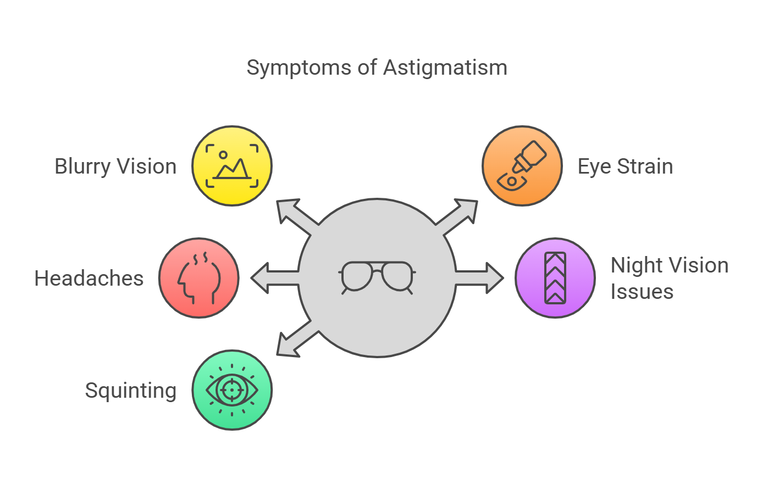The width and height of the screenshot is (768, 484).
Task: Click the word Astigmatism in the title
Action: click(x=445, y=68)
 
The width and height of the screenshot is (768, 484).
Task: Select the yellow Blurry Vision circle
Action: click(x=232, y=166)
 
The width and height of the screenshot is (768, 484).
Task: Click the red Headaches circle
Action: click(x=199, y=278)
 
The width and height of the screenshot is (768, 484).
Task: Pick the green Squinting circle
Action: click(x=232, y=390)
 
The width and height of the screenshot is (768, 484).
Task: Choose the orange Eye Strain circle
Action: click(x=522, y=166)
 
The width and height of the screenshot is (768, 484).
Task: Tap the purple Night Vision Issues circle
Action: click(x=555, y=278)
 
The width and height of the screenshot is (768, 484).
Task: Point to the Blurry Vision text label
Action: click(x=115, y=166)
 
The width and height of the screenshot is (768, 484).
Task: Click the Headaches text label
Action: click(x=89, y=279)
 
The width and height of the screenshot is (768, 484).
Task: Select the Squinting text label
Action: click(x=131, y=391)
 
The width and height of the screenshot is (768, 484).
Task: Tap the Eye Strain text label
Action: click(x=625, y=166)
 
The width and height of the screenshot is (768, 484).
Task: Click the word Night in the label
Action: click(x=636, y=265)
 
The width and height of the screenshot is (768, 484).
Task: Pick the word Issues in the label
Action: click(x=642, y=292)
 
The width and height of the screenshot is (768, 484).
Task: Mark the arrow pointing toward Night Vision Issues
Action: click(x=483, y=278)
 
